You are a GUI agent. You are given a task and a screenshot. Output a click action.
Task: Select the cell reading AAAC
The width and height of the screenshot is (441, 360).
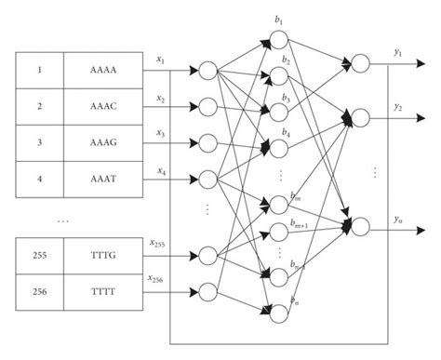coord(101,107)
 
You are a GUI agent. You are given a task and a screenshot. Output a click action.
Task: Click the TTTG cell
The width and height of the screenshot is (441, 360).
coord(101,254)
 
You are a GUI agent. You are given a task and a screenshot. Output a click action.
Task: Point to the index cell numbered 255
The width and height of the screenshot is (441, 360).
coord(38,254)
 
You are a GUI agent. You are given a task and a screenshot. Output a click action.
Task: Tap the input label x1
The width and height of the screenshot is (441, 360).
coord(162,60)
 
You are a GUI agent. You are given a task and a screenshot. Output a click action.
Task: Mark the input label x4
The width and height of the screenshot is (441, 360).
coord(162,170)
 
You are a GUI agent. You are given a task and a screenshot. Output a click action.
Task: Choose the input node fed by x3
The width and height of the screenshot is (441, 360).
coord(207,143)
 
